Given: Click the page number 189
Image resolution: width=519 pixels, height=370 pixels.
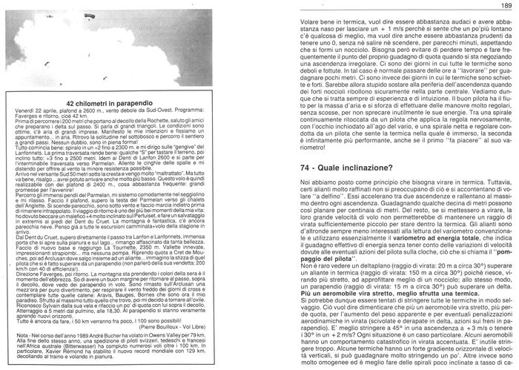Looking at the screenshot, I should point(507,6).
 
